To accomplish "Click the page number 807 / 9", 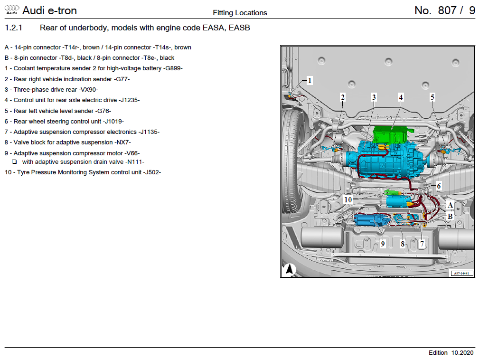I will coord(444,10).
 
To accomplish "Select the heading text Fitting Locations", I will coord(240,13).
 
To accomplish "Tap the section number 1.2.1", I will coord(14,28).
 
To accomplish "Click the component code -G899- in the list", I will coord(173,68).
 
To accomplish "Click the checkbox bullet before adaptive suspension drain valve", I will coord(15,162).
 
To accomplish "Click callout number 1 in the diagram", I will coord(310,80).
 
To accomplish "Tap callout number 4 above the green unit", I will coord(401,97).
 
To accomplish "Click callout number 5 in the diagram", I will coord(432,97).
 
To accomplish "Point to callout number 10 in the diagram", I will coord(348,200).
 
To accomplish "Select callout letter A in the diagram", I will coord(450,205).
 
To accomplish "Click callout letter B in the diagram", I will coord(450,216).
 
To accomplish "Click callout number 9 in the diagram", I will coord(383,244).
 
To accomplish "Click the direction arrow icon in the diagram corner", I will coord(290,269).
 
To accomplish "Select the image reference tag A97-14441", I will coord(461,273).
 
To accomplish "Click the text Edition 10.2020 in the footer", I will coord(451,352).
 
